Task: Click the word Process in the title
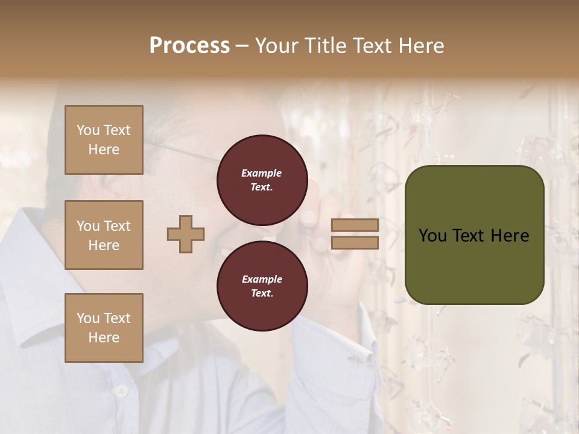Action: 189,46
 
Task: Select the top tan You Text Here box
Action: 104,140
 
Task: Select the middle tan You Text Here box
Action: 104,235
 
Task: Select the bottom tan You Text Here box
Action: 104,328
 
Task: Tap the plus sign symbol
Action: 186,234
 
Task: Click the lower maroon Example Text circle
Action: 262,286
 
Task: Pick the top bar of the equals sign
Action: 355,225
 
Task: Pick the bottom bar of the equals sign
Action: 355,242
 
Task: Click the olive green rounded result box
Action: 474,265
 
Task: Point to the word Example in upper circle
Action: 262,173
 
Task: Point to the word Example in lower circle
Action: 262,279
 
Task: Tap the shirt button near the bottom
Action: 122,391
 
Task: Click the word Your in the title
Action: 277,46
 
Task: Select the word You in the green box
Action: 432,236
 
